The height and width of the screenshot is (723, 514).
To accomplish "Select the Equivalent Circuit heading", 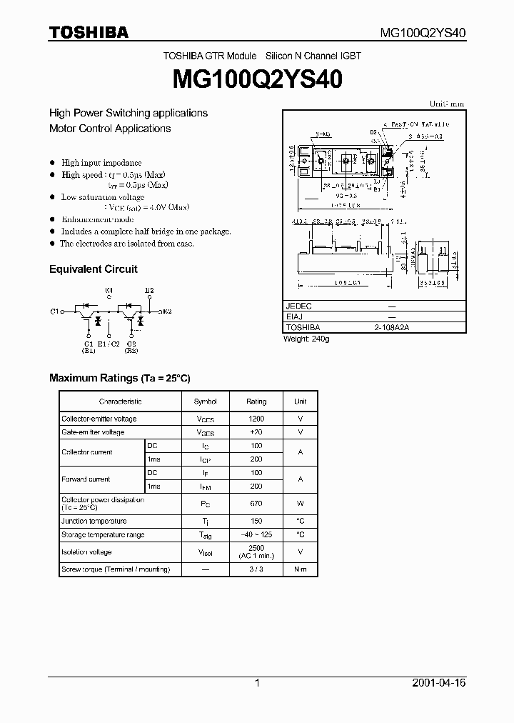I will pyautogui.click(x=93, y=269).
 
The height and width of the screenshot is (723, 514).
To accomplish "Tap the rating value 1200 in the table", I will pyautogui.click(x=256, y=419).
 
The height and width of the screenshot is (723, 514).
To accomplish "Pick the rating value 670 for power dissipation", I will pyautogui.click(x=256, y=504).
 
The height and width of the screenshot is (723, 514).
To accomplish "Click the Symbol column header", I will pyautogui.click(x=205, y=402).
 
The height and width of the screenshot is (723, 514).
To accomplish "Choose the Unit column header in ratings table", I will pyautogui.click(x=300, y=402).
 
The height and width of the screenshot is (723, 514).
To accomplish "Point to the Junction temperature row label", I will pyautogui.click(x=94, y=522).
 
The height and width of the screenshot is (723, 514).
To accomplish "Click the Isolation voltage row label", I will pyautogui.click(x=86, y=552).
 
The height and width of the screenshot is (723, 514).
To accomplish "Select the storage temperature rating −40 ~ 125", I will pyautogui.click(x=256, y=534).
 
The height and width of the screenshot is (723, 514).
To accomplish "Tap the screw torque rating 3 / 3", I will pyautogui.click(x=256, y=569).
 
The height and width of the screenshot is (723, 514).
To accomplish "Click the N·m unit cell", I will pyautogui.click(x=300, y=569).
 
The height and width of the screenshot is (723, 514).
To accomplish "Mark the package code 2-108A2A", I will pyautogui.click(x=391, y=327).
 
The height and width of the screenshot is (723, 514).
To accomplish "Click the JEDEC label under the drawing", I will pyautogui.click(x=298, y=306).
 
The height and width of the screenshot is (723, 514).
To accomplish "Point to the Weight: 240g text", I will pyautogui.click(x=306, y=339).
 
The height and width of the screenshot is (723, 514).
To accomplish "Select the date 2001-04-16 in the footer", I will pyautogui.click(x=438, y=683).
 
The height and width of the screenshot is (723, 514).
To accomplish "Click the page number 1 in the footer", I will pyautogui.click(x=257, y=683).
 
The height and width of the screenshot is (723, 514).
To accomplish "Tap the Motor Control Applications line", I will pyautogui.click(x=110, y=129).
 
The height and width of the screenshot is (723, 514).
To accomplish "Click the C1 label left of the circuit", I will pyautogui.click(x=54, y=311).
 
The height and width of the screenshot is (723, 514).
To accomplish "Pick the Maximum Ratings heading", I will pyautogui.click(x=119, y=377).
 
